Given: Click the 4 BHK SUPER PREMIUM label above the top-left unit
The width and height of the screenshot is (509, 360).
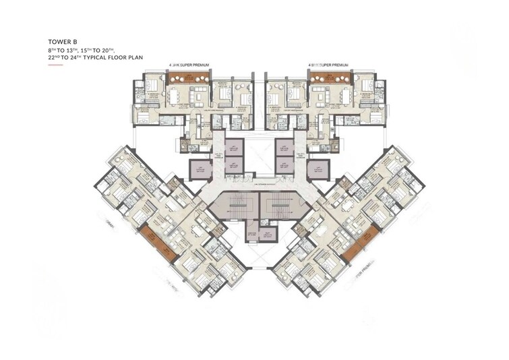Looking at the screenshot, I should coord(189,64).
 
